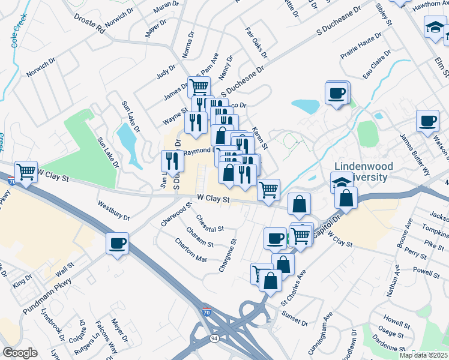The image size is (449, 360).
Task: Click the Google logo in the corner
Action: (20, 353)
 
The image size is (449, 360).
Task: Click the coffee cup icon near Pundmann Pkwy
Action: (117, 244)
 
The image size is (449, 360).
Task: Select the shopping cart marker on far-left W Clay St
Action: (26, 172)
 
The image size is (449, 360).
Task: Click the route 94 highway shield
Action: (214, 338)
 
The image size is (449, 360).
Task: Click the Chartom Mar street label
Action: (190, 250)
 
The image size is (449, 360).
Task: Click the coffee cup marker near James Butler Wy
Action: (427, 121)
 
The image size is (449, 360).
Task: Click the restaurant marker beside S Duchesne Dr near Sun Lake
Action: (172, 161)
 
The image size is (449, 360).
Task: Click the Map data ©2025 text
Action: (424, 355)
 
